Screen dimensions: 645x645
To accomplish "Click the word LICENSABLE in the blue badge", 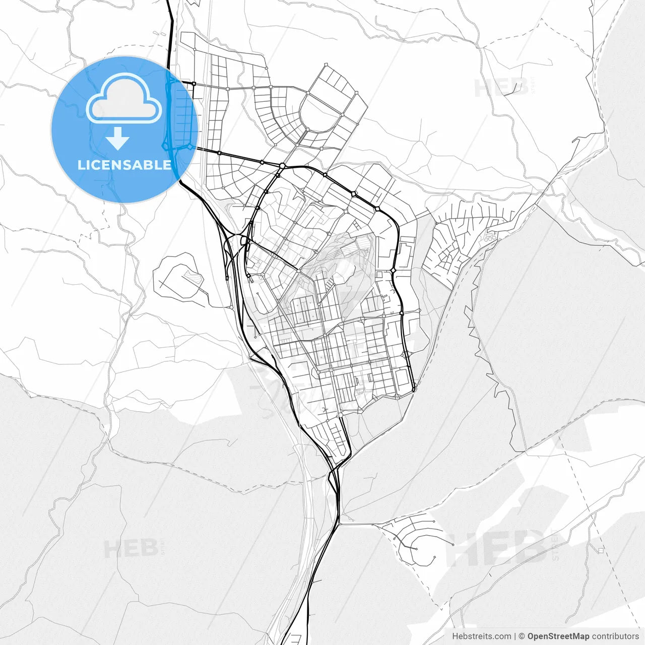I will [124, 165].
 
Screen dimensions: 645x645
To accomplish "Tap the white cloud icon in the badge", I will [124, 99].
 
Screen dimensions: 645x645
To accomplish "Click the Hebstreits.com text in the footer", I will [481, 636].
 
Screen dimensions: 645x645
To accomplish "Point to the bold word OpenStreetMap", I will [558, 636].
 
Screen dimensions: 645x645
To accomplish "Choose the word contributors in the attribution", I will [615, 636].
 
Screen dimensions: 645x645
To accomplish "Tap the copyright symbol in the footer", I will [522, 636].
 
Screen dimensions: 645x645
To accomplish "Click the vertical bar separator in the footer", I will [515, 636].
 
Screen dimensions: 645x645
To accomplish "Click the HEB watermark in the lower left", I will [131, 548].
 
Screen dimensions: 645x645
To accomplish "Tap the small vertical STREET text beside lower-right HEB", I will [555, 545].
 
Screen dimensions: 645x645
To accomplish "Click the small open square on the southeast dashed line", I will [601, 550].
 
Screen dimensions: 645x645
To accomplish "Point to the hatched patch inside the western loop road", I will [193, 277].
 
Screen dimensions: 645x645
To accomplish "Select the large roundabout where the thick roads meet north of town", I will [283, 166].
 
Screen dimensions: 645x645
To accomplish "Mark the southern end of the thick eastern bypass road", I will [413, 390].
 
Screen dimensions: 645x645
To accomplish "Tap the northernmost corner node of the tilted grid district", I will [327, 64].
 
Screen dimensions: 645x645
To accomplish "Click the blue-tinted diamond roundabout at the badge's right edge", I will [190, 147].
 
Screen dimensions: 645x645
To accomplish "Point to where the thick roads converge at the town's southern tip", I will [333, 471].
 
